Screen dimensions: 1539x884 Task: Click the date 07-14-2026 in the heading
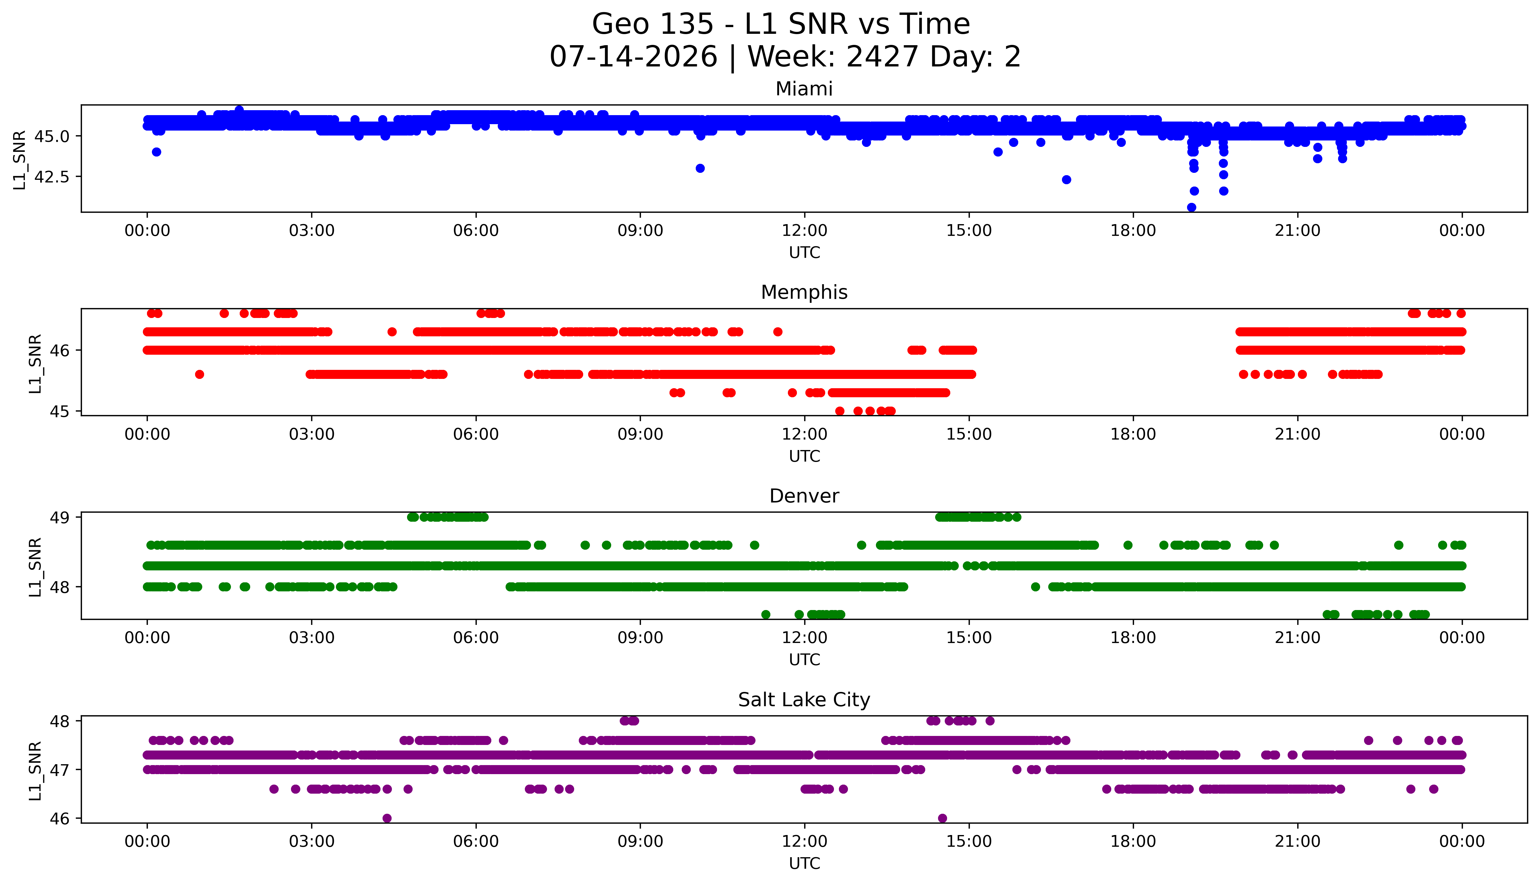[633, 57]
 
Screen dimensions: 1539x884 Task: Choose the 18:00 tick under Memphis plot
[1133, 435]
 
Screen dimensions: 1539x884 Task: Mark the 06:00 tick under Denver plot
[476, 638]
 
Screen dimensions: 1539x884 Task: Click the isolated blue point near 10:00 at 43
[700, 168]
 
